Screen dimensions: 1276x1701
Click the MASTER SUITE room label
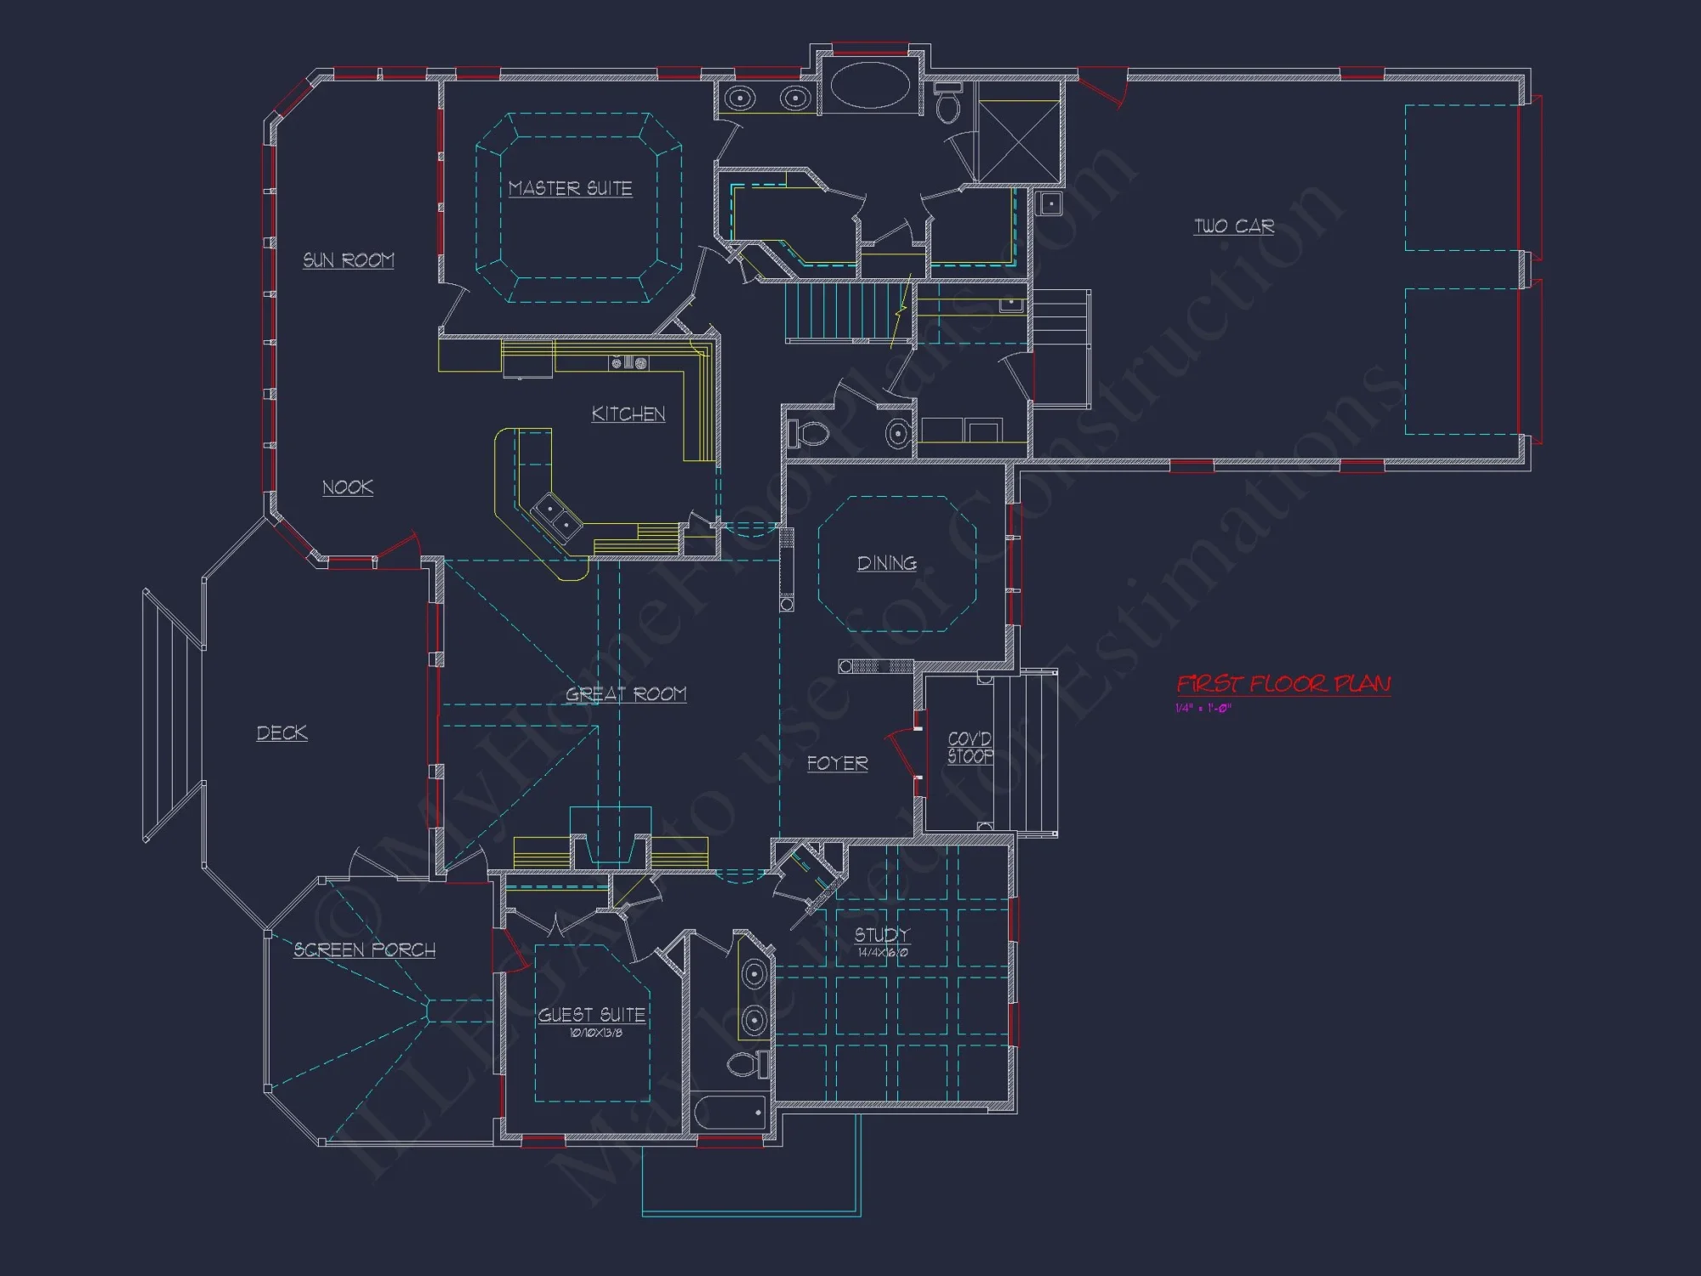pos(570,188)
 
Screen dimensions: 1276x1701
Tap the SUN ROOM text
pos(349,260)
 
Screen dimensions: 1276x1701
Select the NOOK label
pos(348,487)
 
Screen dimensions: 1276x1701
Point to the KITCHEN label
pos(629,414)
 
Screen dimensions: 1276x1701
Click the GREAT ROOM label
pos(626,694)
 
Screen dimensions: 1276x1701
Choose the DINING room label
pos(887,563)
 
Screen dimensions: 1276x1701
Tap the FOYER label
pos(838,763)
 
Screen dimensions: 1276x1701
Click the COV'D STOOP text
pos(970,748)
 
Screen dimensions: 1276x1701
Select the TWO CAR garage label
pos(1234,226)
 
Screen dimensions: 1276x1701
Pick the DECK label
pos(282,733)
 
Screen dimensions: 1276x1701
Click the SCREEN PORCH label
pos(365,949)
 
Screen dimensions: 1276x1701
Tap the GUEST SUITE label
pos(592,1015)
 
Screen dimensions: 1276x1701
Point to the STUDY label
pos(882,935)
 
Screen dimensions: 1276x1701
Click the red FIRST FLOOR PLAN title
pos(1283,684)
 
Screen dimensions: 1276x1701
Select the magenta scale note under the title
pos(1203,709)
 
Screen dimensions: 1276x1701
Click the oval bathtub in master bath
pos(870,86)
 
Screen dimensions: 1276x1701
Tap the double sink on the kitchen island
pos(557,518)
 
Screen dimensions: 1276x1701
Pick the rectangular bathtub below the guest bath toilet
pos(731,1112)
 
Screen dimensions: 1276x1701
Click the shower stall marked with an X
pos(1018,141)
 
